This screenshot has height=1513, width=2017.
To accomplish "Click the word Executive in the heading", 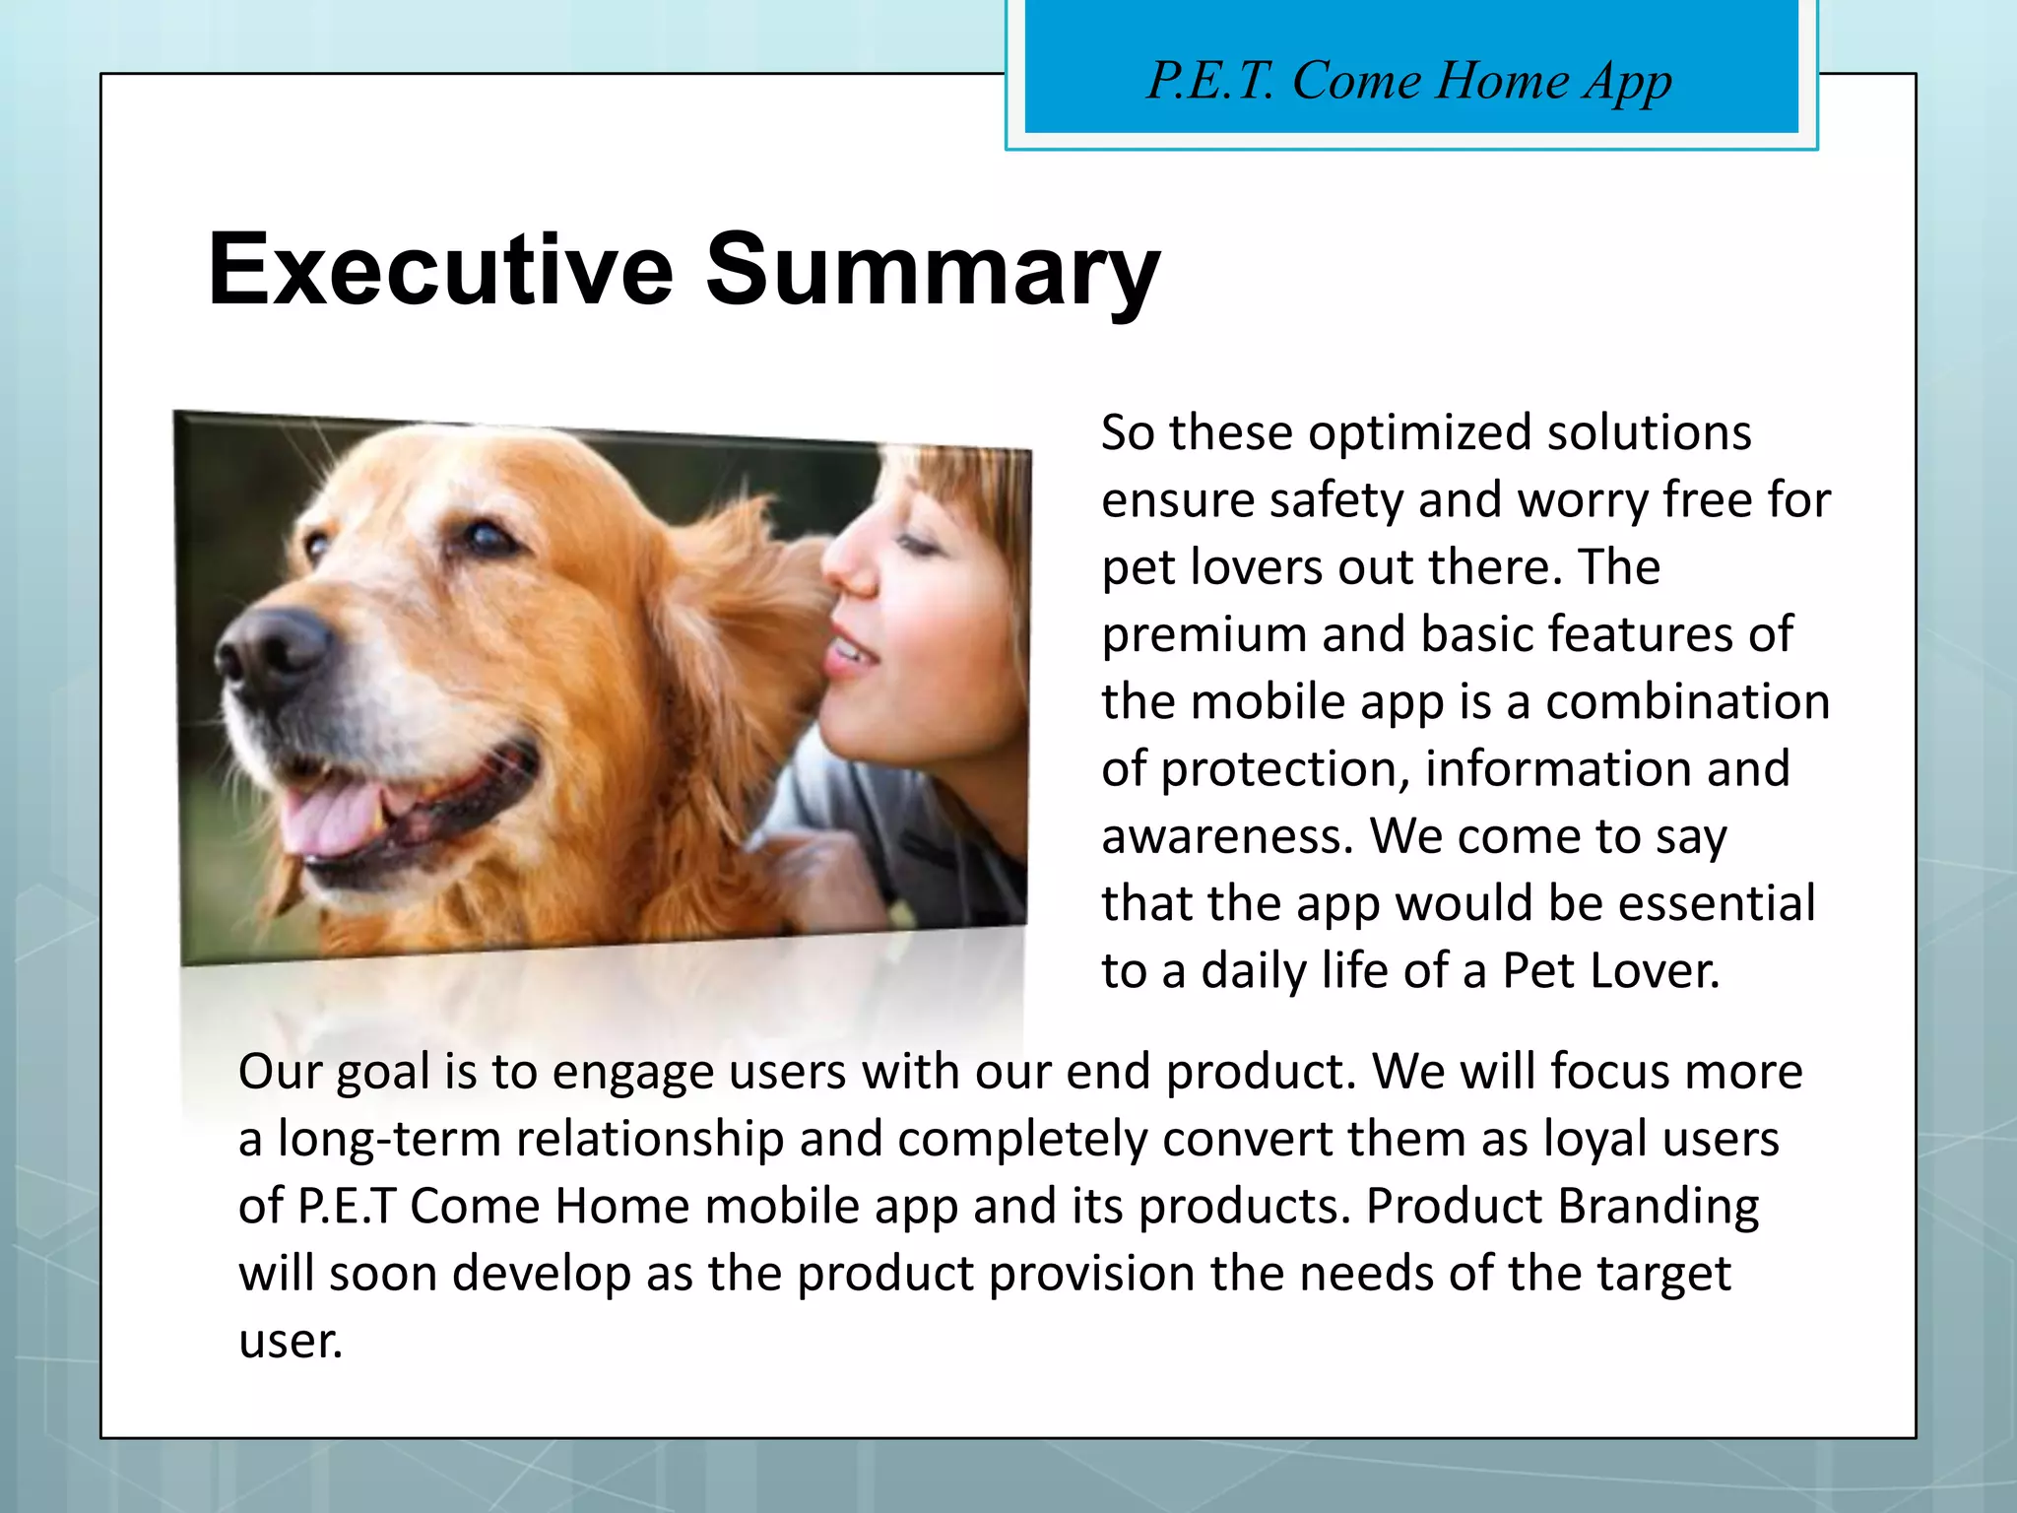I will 440,269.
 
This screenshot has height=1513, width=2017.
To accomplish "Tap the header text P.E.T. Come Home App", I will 1409,81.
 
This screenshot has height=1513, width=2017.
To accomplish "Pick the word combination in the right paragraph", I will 1686,702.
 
